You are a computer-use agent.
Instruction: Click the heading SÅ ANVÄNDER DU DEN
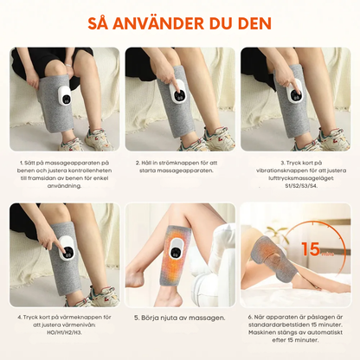pyautogui.click(x=180, y=22)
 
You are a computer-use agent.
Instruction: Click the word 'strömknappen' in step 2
pyautogui.click(x=176, y=162)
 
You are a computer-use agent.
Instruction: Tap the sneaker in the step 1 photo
pyautogui.click(x=74, y=141)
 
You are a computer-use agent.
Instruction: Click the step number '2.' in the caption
pyautogui.click(x=138, y=162)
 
